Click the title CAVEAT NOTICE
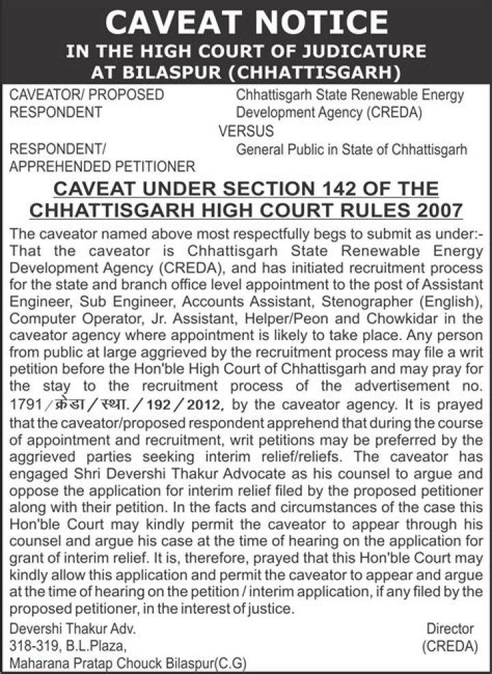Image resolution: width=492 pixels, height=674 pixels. click(246, 22)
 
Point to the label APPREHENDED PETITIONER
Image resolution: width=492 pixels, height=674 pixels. click(102, 165)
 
